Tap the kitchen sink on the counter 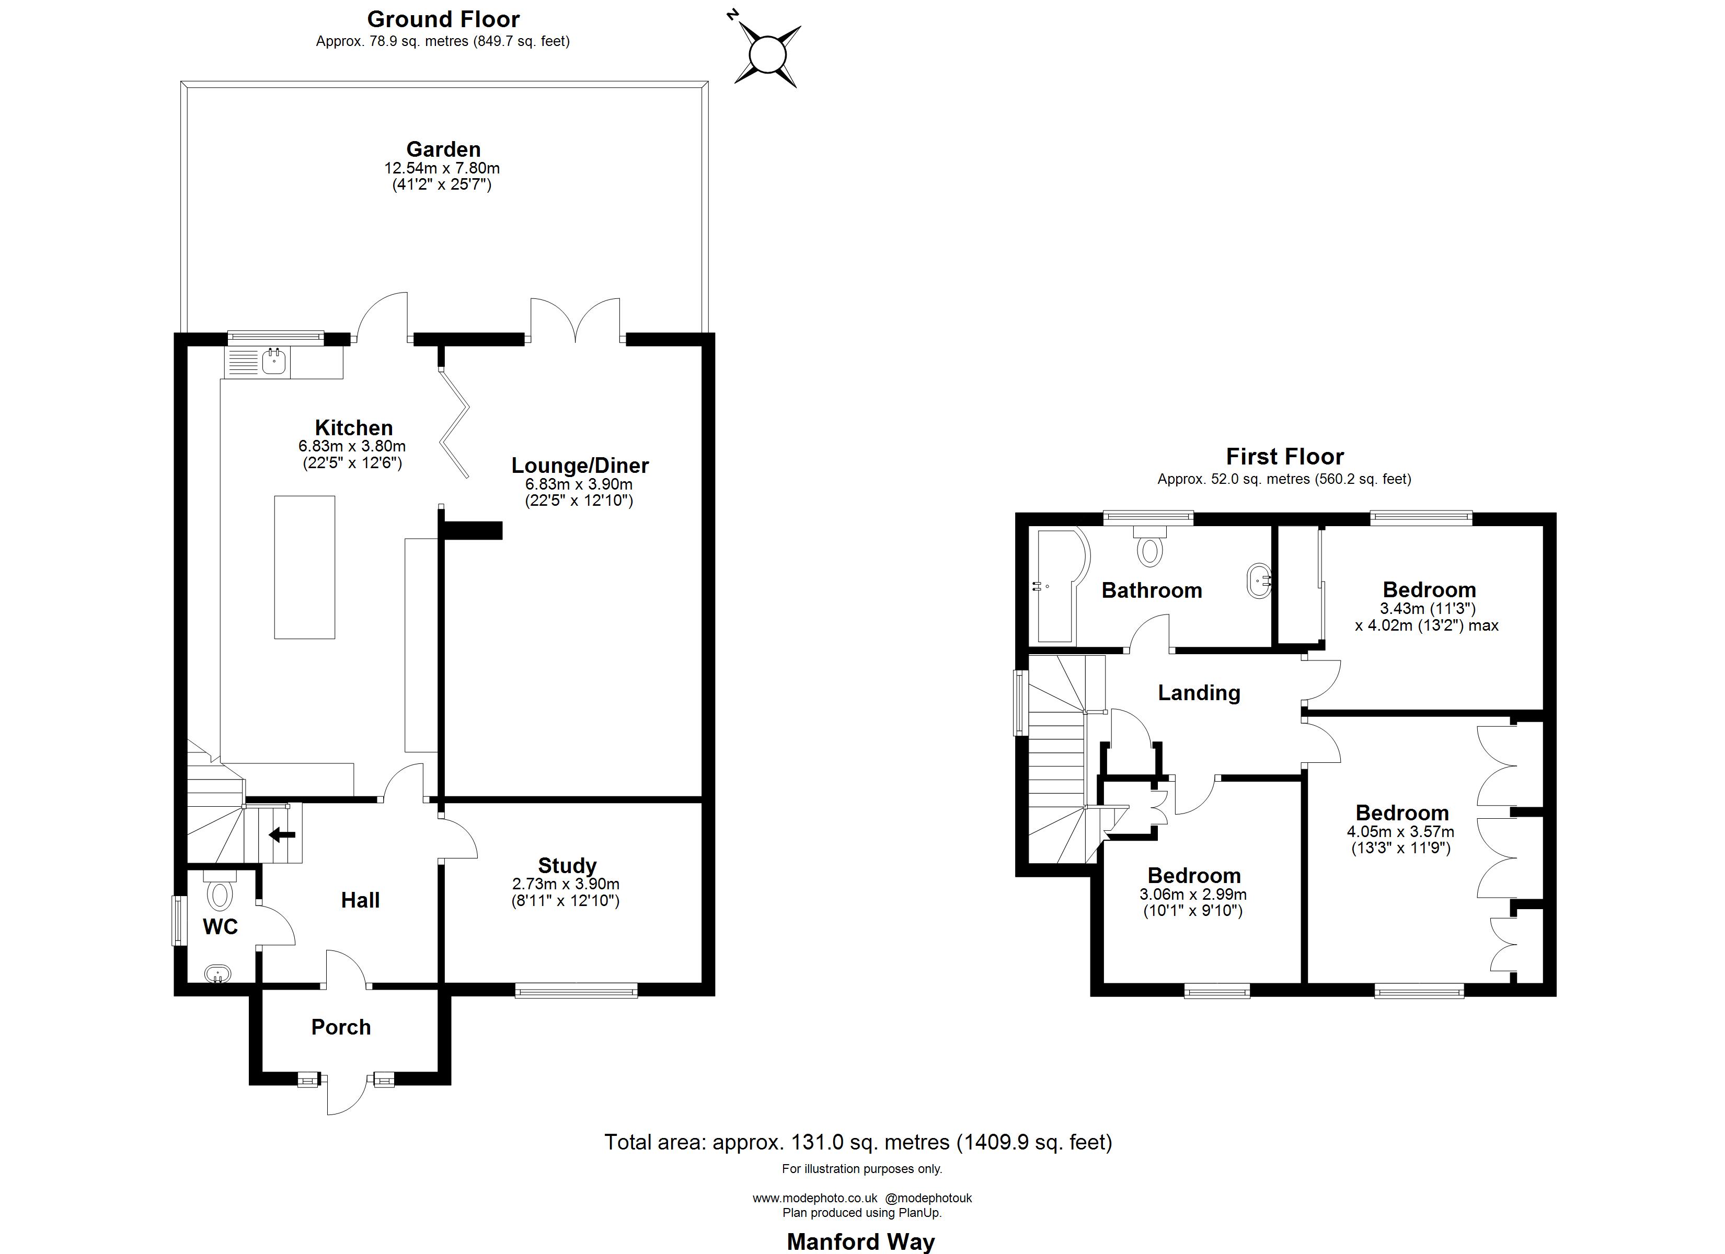tap(274, 361)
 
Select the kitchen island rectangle tap(304, 566)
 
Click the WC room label tap(221, 926)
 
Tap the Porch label tap(341, 1027)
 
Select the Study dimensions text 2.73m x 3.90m tap(566, 884)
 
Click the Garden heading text tap(443, 149)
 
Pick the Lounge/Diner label tap(580, 466)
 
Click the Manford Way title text tap(860, 1241)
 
